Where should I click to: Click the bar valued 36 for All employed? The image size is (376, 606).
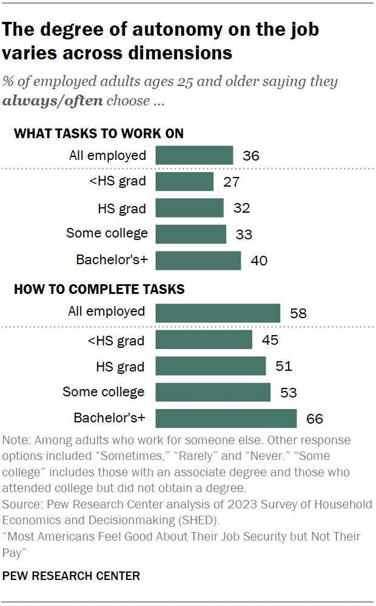point(194,155)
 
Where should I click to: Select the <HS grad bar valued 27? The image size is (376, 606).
point(184,182)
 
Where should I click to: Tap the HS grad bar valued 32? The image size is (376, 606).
point(189,208)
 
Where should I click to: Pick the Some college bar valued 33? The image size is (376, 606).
point(190,234)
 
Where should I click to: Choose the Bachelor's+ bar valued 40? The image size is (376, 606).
point(198,260)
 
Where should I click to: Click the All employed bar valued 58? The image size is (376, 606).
point(218,313)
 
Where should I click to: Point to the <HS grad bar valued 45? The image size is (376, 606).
point(204,339)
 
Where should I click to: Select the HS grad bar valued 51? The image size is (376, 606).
point(210,366)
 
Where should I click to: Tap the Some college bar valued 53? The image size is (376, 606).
point(213,392)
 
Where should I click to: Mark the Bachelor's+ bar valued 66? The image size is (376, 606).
point(226,418)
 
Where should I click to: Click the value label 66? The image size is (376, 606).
point(315,419)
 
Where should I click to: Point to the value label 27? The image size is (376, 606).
point(232,182)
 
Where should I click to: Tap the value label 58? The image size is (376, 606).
point(298,313)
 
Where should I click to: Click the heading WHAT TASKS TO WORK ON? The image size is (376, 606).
point(99,133)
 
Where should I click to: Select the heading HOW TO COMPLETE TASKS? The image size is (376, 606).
point(99,289)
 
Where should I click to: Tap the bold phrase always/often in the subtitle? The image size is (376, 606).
point(53,101)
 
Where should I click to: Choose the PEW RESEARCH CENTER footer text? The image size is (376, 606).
point(72,575)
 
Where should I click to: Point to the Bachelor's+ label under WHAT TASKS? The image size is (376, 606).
point(112,260)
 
